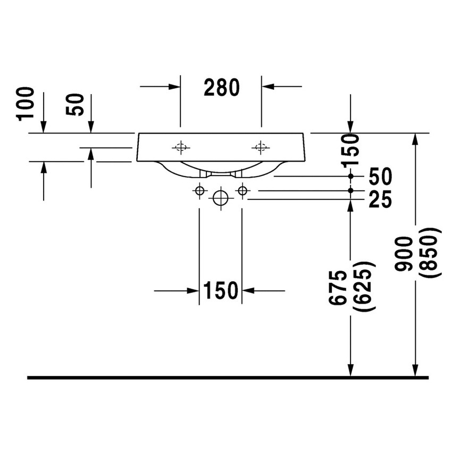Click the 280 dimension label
click(221, 87)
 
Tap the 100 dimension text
click(26, 104)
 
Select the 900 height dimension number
click(404, 254)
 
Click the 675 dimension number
click(338, 288)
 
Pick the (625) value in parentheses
click(364, 286)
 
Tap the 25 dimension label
click(380, 199)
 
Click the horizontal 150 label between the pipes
click(221, 290)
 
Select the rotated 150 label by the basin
click(350, 150)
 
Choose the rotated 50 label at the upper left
click(74, 104)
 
